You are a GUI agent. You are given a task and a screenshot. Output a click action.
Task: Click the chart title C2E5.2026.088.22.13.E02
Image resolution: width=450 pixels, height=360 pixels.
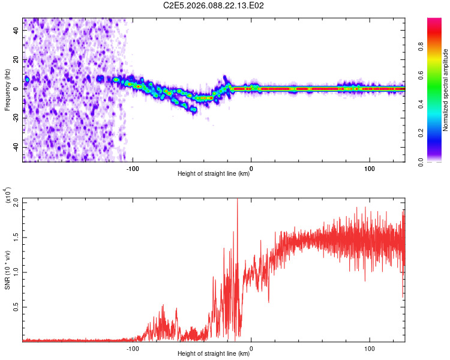pyautogui.click(x=214, y=5)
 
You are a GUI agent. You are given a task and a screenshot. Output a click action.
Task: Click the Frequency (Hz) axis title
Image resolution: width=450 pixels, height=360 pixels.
pyautogui.click(x=7, y=89)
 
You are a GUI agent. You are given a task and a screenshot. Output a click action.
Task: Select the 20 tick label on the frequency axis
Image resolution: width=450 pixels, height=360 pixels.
pyautogui.click(x=16, y=59)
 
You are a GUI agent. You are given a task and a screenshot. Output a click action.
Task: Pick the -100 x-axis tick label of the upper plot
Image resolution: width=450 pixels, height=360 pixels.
pyautogui.click(x=133, y=167)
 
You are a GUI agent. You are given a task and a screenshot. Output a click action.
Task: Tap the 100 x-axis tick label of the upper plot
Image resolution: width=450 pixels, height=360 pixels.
pyautogui.click(x=370, y=167)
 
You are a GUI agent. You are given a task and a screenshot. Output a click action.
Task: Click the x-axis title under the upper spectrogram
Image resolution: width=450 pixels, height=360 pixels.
pyautogui.click(x=214, y=174)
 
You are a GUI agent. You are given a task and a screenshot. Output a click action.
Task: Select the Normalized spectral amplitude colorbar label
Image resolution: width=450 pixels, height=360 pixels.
pyautogui.click(x=446, y=90)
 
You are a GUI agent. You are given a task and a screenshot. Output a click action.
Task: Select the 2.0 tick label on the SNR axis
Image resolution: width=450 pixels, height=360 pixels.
pyautogui.click(x=16, y=202)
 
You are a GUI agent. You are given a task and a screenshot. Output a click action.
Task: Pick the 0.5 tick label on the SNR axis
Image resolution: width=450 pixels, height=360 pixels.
pyautogui.click(x=16, y=307)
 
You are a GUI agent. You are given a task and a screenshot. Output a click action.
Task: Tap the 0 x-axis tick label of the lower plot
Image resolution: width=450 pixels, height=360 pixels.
pyautogui.click(x=251, y=347)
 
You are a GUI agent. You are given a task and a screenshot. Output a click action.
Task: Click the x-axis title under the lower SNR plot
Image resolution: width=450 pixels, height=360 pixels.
pyautogui.click(x=214, y=354)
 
